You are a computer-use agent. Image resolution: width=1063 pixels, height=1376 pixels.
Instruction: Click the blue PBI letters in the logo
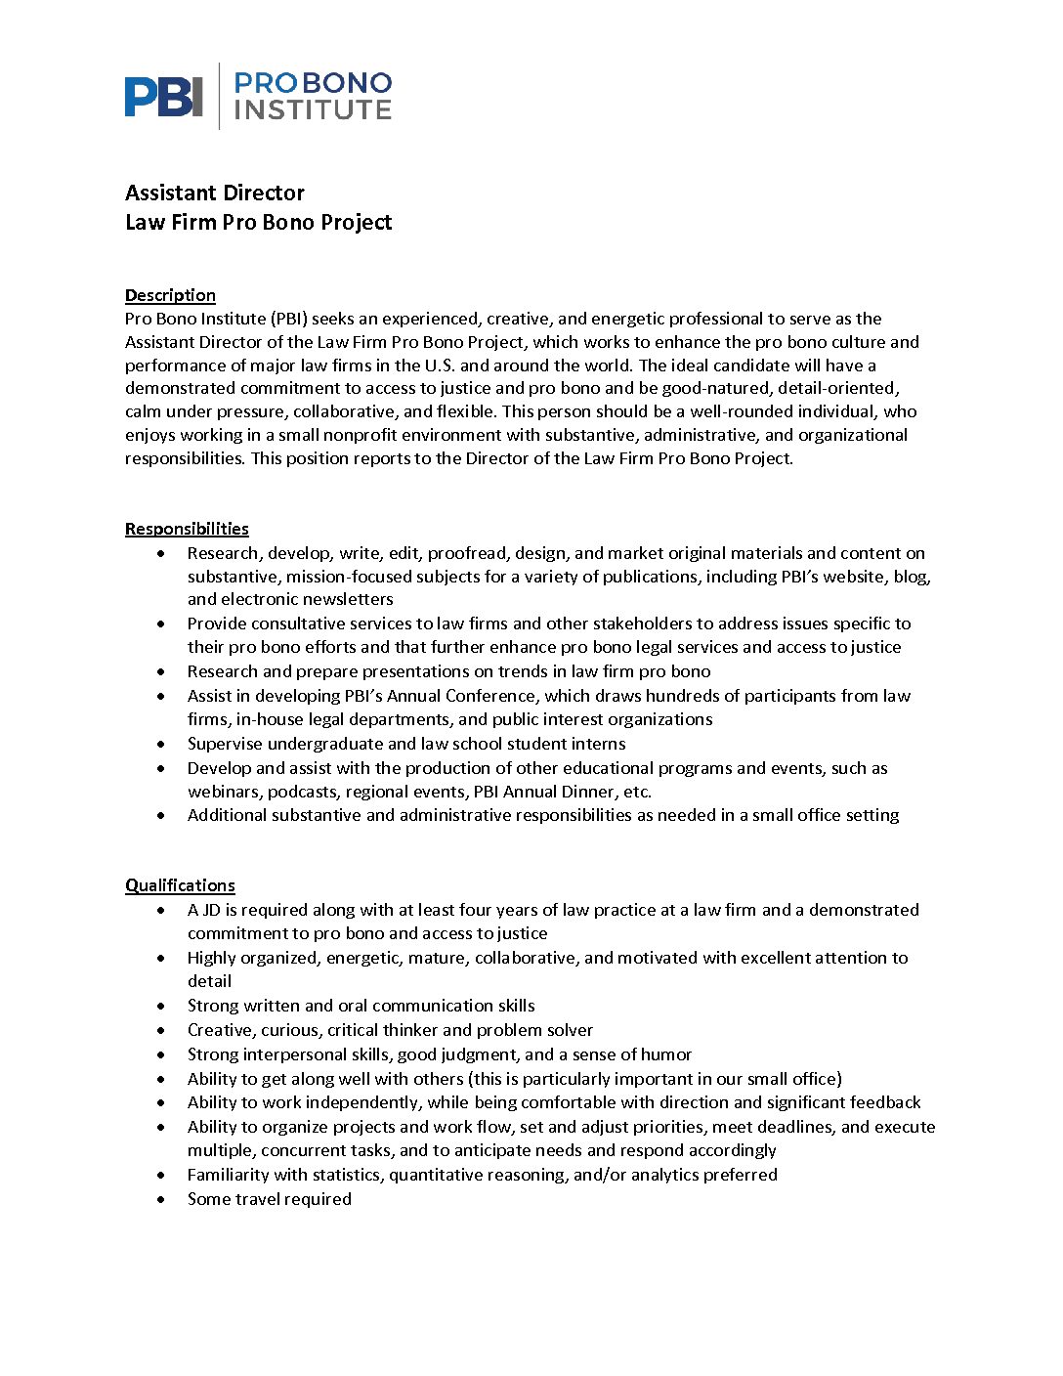[163, 97]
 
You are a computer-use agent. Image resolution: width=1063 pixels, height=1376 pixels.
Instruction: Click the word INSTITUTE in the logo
[313, 109]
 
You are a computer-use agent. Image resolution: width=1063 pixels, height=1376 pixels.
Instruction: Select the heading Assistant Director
[215, 193]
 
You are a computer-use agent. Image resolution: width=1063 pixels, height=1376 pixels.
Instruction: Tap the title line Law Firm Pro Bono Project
[258, 222]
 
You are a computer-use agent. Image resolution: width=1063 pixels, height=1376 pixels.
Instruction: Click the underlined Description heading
[170, 295]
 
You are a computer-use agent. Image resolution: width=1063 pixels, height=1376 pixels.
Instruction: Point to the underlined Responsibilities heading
[187, 529]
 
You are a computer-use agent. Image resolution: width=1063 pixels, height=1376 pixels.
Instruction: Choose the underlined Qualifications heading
[180, 885]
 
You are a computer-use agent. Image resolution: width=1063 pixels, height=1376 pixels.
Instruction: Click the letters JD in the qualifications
[211, 910]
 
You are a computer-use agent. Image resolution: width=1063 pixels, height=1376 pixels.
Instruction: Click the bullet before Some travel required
[161, 1200]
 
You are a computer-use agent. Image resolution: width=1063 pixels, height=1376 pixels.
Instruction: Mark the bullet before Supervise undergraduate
[161, 745]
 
